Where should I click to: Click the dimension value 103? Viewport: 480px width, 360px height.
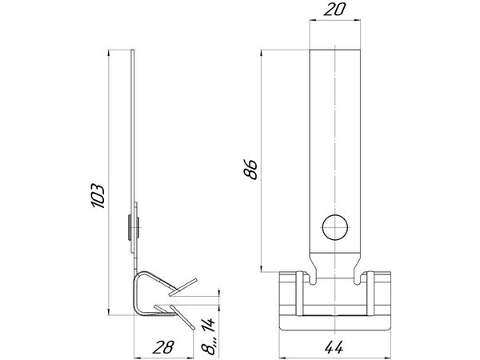pos(98,196)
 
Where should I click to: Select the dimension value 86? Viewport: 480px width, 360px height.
pos(250,169)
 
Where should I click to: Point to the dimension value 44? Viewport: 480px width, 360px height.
pos(334,347)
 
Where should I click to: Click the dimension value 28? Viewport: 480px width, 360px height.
pos(163,347)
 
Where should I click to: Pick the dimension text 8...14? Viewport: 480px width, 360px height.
pos(208,336)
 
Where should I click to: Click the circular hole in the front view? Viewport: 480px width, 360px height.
pos(335,228)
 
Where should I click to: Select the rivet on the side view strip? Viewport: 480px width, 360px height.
pos(134,227)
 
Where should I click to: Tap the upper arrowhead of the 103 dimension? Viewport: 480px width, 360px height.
pos(109,54)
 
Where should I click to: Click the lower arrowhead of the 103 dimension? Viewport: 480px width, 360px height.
pos(109,312)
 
